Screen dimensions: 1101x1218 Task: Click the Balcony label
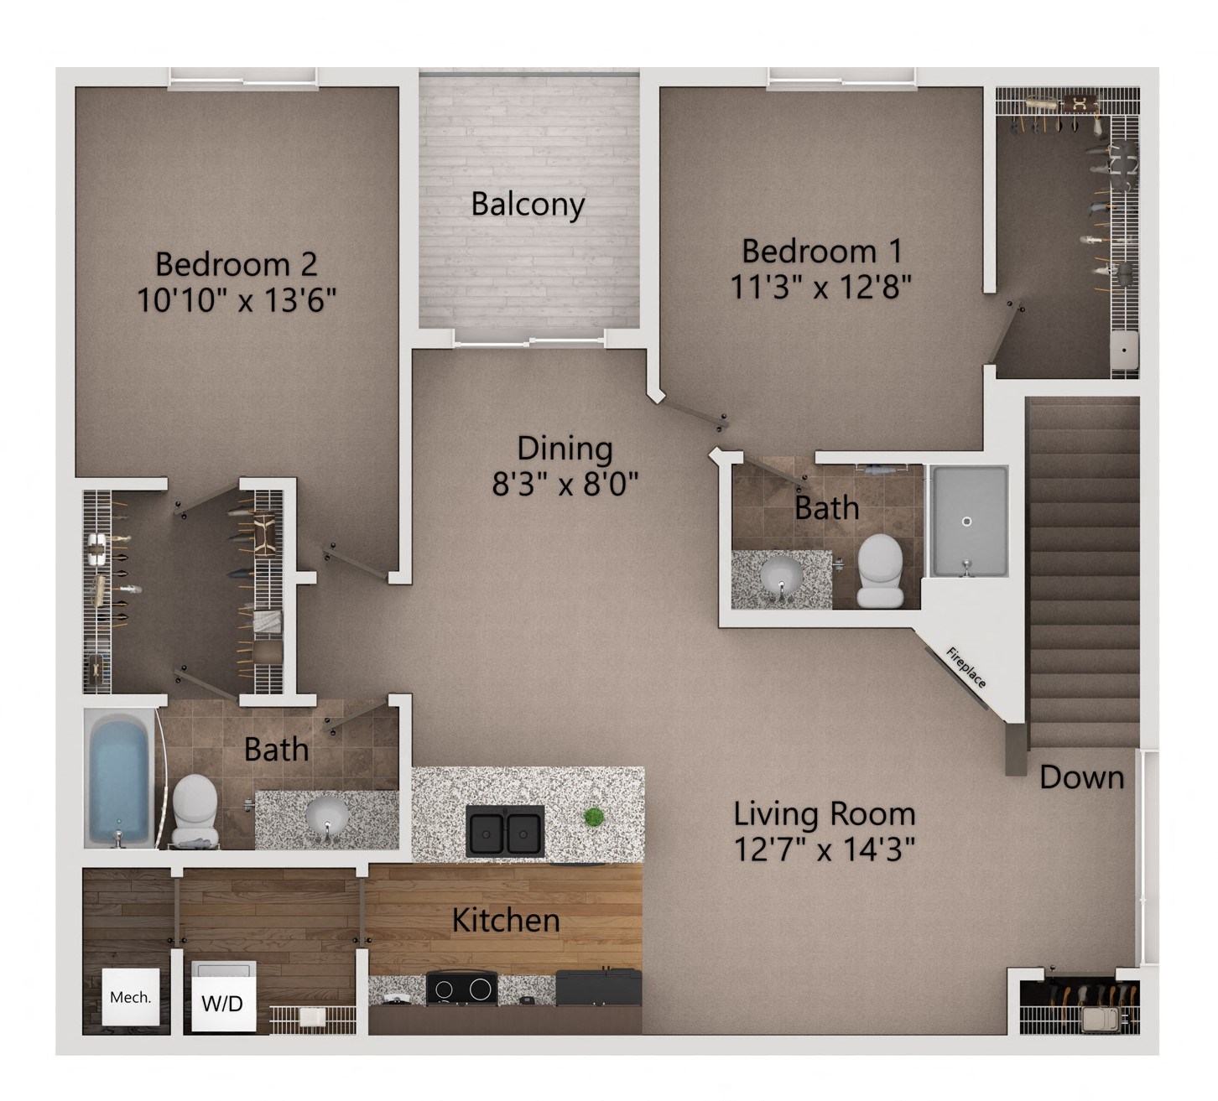pyautogui.click(x=528, y=204)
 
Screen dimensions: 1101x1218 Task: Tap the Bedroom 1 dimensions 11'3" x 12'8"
pyautogui.click(x=820, y=287)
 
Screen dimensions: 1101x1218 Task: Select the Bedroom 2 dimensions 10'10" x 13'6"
pyautogui.click(x=237, y=299)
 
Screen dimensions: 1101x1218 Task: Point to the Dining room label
pyautogui.click(x=565, y=448)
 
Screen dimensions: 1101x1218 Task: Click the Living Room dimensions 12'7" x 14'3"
pyautogui.click(x=824, y=849)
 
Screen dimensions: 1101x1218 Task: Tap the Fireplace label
pyautogui.click(x=966, y=667)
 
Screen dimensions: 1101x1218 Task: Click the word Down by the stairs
pyautogui.click(x=1081, y=777)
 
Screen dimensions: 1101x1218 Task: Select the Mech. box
pyautogui.click(x=131, y=997)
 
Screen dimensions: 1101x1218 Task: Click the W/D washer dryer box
pyautogui.click(x=223, y=1002)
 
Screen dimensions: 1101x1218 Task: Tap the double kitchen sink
pyautogui.click(x=505, y=830)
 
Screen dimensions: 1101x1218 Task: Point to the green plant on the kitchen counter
pyautogui.click(x=594, y=817)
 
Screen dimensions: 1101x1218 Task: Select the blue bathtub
pyautogui.click(x=119, y=777)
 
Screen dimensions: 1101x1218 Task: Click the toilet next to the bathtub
pyautogui.click(x=195, y=807)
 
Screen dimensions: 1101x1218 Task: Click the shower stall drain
pyautogui.click(x=966, y=522)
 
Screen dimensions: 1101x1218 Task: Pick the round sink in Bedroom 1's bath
pyautogui.click(x=781, y=576)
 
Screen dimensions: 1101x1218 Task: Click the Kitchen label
pyautogui.click(x=506, y=920)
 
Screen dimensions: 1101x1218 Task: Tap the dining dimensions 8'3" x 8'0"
pyautogui.click(x=565, y=484)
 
